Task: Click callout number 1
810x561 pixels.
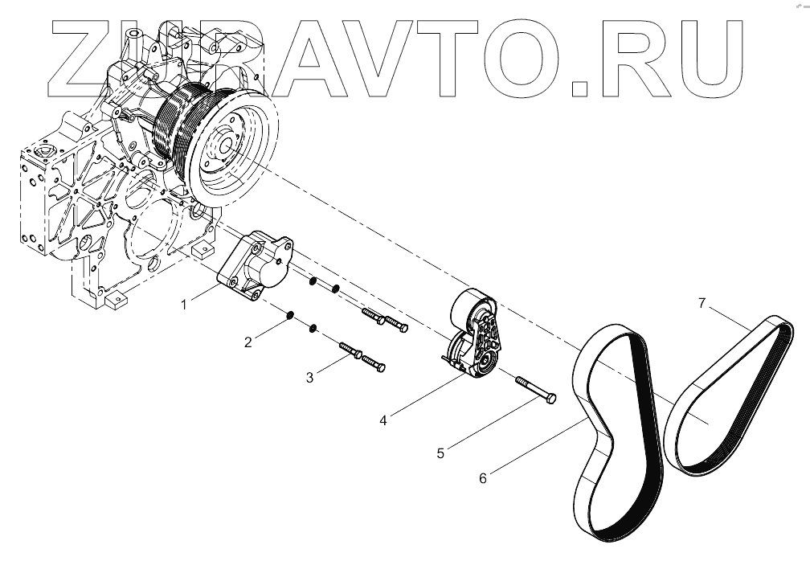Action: pos(184,305)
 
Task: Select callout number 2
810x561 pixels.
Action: pos(249,342)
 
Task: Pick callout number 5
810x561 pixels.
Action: pos(440,452)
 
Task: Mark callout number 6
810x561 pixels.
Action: pos(483,477)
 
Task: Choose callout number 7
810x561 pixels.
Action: pos(702,303)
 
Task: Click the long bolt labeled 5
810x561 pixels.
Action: pos(532,390)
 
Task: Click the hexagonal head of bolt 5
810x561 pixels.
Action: pos(551,399)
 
